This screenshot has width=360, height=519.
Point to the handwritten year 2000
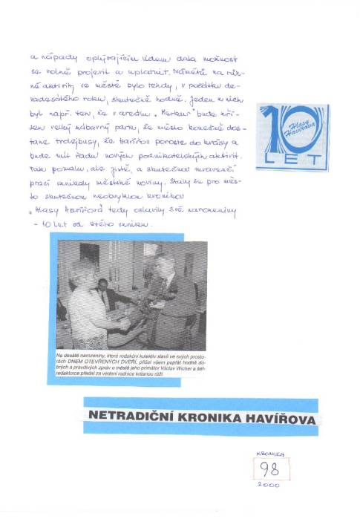269,485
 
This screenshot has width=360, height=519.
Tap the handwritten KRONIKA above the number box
269,451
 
